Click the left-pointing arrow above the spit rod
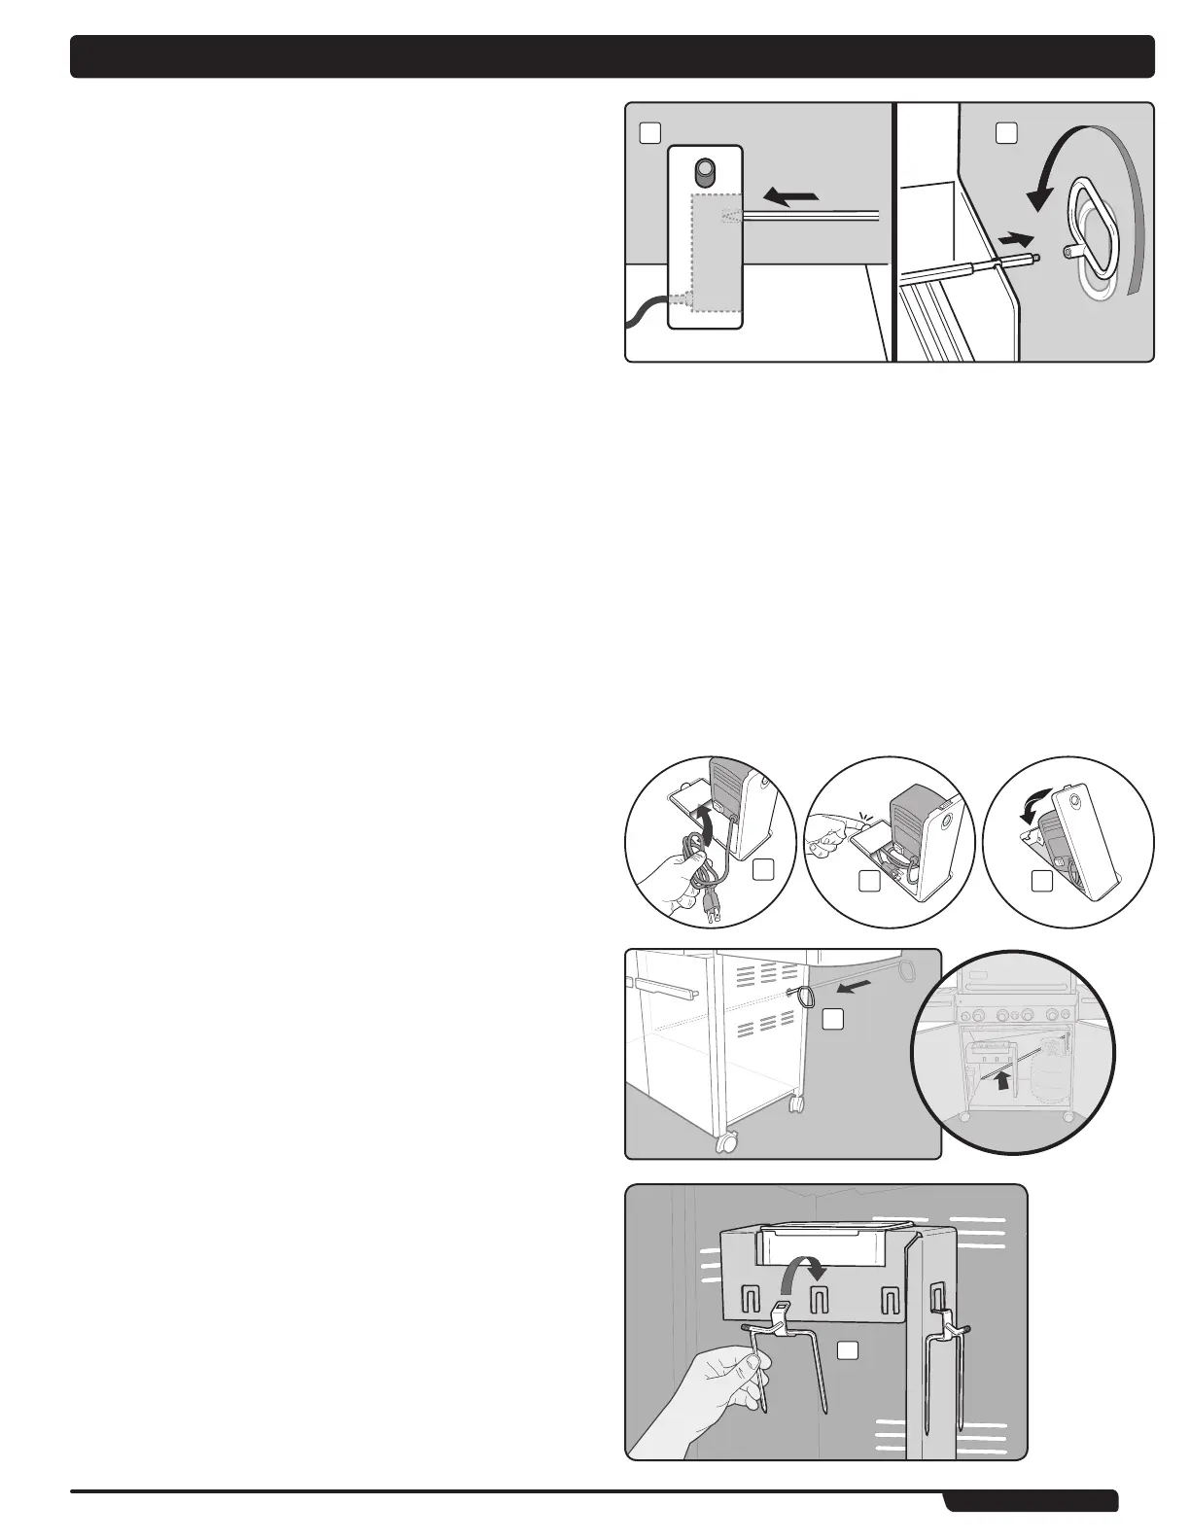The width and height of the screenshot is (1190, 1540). click(x=791, y=198)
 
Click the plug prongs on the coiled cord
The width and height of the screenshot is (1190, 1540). click(x=716, y=912)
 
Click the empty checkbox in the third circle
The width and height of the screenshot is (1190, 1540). click(x=1041, y=882)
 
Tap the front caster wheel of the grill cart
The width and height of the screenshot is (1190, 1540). click(x=725, y=1143)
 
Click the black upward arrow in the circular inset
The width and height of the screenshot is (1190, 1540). click(x=1001, y=1078)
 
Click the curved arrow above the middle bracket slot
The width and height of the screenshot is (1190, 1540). click(x=808, y=1265)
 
